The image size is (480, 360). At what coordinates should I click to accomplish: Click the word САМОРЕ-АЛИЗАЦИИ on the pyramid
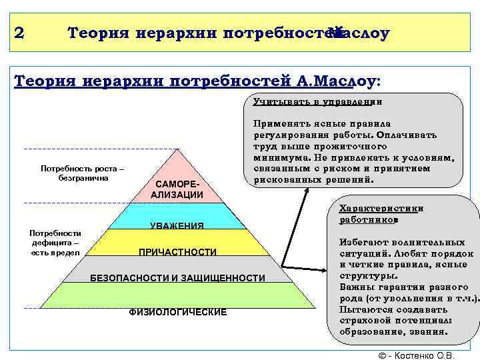pos(177,189)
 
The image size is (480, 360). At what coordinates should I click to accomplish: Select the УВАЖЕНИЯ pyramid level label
pos(177,226)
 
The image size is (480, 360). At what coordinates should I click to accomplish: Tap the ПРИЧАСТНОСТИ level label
pos(177,252)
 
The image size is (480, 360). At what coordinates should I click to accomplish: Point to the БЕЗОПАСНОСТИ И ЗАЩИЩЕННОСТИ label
pos(177,277)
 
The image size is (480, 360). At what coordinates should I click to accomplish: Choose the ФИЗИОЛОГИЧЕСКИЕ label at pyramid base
pos(177,312)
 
